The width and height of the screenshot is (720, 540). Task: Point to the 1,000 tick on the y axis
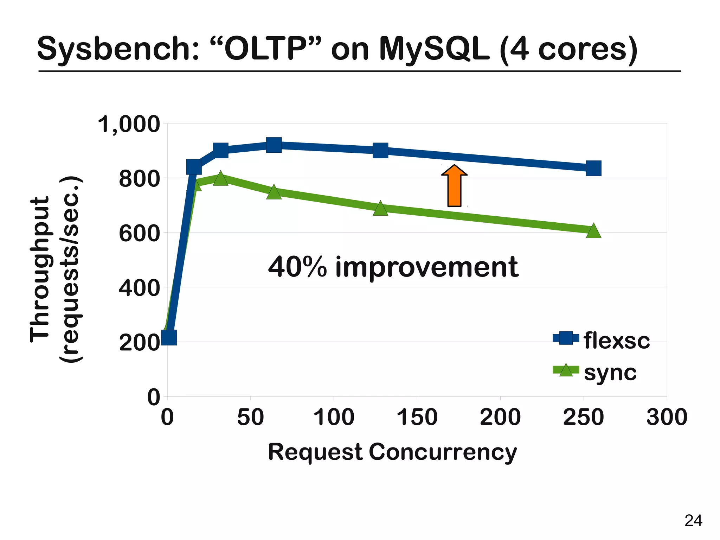point(129,125)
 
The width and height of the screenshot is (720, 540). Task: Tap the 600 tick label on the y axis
point(139,233)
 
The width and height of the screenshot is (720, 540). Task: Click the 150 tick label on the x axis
point(417,417)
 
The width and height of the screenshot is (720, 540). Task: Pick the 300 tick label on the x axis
point(667,417)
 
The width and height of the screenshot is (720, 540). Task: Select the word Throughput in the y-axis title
point(39,269)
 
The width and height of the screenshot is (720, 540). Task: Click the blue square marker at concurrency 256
point(593,168)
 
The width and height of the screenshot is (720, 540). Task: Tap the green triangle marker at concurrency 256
point(593,231)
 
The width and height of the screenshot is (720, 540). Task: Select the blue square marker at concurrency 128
point(380,151)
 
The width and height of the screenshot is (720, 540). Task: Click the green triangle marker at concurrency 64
point(274,192)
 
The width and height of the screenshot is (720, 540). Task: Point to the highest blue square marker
point(274,145)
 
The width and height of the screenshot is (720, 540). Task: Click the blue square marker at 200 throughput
point(169,337)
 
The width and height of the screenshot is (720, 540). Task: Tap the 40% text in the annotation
point(297,267)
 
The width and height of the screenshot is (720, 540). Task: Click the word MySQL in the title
point(434,49)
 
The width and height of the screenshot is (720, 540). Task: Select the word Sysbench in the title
point(118,49)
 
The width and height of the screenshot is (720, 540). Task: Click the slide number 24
point(693,521)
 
